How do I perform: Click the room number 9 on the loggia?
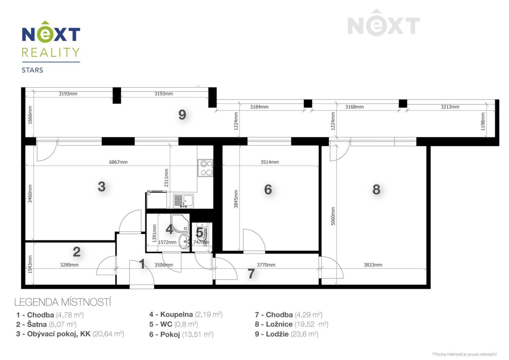[182, 115]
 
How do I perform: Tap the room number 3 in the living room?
[101, 186]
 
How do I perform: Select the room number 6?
[268, 190]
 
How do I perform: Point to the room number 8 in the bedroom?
[376, 190]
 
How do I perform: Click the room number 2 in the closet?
[77, 252]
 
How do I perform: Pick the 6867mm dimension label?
[118, 162]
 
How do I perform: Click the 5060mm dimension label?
[333, 216]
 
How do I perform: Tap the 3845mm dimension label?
[236, 199]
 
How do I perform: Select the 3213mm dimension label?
[450, 107]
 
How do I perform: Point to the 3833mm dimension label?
[373, 265]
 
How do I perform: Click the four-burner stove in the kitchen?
[206, 168]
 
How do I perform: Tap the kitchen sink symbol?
[183, 201]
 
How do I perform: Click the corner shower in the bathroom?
[180, 222]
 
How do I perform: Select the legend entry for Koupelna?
[186, 315]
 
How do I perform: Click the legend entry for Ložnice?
[291, 324]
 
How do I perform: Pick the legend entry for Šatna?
[46, 324]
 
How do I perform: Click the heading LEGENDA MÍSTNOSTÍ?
[63, 302]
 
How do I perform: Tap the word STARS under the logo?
[33, 70]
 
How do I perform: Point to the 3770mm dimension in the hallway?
[266, 265]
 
